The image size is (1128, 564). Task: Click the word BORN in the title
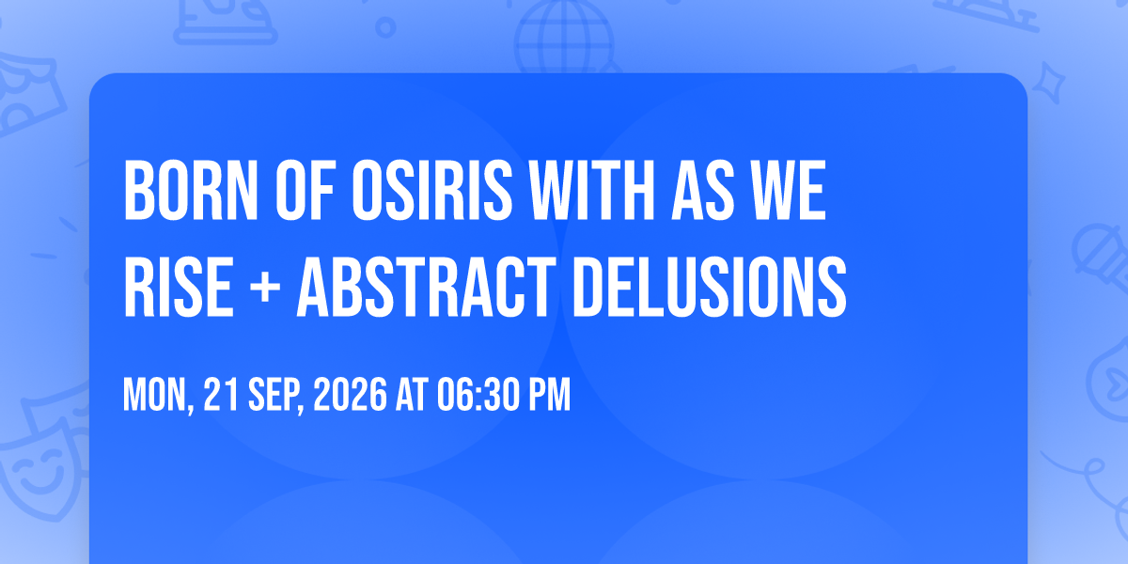click(x=190, y=190)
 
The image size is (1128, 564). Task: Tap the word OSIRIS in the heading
click(x=432, y=190)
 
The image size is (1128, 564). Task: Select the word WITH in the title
click(x=591, y=190)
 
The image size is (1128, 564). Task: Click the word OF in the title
click(x=305, y=190)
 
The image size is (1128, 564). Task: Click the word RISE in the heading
click(x=179, y=287)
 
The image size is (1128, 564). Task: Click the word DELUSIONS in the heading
click(x=710, y=287)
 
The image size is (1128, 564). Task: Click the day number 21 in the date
click(x=221, y=395)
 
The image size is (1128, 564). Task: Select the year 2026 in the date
click(x=350, y=395)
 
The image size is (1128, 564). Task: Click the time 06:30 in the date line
click(x=478, y=395)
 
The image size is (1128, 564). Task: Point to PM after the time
click(x=549, y=395)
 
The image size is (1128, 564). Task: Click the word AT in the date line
click(x=412, y=395)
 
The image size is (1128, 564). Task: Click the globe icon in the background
click(x=564, y=38)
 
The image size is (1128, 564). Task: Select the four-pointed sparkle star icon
click(x=1048, y=83)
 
